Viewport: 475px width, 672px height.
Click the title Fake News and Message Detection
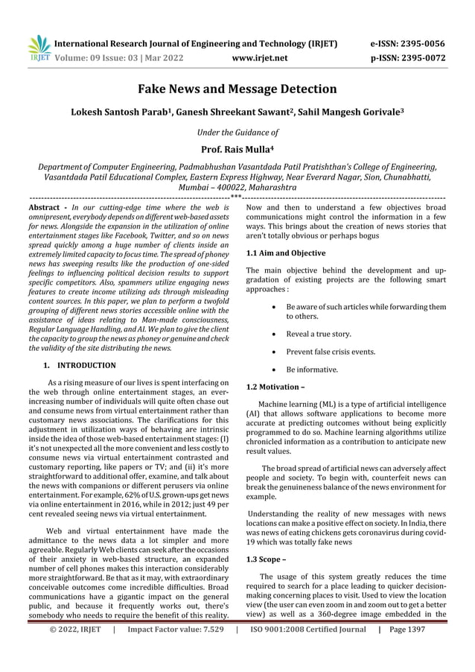pyautogui.click(x=238, y=89)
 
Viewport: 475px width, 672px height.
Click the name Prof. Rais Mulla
pyautogui.click(x=238, y=149)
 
